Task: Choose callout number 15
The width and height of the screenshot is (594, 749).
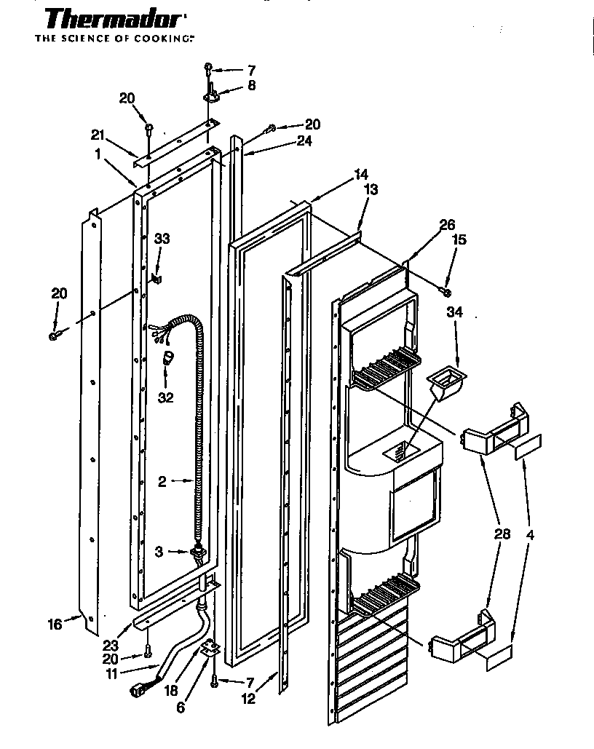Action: (459, 239)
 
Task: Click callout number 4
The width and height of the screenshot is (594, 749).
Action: (530, 534)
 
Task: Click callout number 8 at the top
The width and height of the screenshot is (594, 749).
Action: (251, 86)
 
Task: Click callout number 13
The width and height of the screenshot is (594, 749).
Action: (371, 189)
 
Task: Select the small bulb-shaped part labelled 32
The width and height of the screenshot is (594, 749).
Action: (167, 357)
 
